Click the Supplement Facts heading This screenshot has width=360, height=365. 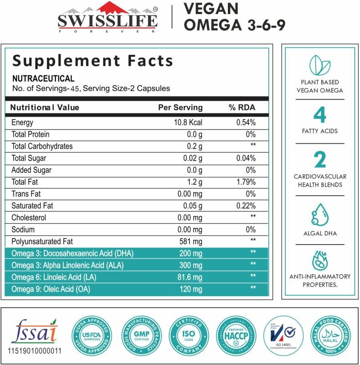click(x=93, y=61)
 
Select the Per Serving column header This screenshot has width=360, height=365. click(x=180, y=107)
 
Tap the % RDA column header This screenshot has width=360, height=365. click(x=242, y=107)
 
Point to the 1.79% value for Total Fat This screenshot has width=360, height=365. click(x=246, y=182)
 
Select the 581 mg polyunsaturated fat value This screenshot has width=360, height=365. click(x=191, y=241)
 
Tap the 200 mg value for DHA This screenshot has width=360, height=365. click(x=191, y=253)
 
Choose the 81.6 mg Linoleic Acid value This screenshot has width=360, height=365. click(x=190, y=277)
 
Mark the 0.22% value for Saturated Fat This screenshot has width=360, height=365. click(x=246, y=206)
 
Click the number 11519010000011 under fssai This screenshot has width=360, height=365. click(x=35, y=352)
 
